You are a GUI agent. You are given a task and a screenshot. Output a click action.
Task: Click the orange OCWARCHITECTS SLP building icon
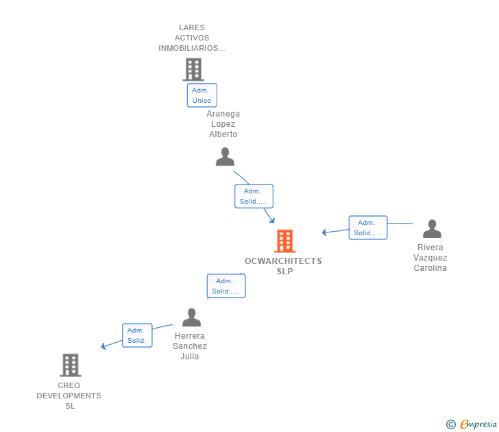(x=284, y=241)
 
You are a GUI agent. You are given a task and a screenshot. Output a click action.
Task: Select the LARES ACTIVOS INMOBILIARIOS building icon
(x=193, y=69)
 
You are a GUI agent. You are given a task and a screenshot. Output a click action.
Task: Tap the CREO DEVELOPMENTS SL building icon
(x=70, y=365)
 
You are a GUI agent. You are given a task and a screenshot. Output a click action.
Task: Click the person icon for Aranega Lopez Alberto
(x=225, y=157)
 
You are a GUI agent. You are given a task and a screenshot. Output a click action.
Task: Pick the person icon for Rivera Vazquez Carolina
(x=432, y=229)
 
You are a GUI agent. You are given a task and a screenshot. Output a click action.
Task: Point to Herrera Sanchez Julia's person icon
(x=191, y=317)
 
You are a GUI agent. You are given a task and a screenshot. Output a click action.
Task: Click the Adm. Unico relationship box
(x=202, y=95)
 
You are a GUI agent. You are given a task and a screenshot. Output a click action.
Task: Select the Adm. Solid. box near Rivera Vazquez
(x=367, y=228)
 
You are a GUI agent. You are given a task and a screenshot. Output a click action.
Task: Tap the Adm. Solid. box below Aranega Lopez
(x=254, y=196)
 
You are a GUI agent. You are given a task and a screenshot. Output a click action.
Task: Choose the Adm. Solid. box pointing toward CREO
(x=136, y=335)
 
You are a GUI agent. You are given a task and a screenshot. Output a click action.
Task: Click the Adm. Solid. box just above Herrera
(x=226, y=286)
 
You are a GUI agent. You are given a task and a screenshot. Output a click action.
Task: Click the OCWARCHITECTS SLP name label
(x=283, y=266)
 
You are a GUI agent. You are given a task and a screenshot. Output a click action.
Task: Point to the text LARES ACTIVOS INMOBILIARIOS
(x=192, y=38)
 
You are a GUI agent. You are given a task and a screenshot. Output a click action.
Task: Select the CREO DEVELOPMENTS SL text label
(x=69, y=396)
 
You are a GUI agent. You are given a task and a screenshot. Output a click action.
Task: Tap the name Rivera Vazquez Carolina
(x=430, y=258)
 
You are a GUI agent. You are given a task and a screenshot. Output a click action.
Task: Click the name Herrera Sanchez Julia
(x=190, y=346)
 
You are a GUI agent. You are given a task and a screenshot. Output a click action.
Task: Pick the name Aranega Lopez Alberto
(x=223, y=124)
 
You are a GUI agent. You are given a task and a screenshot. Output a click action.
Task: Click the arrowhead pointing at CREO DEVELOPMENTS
(x=104, y=346)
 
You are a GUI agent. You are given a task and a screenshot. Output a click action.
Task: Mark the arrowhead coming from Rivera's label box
(x=325, y=232)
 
